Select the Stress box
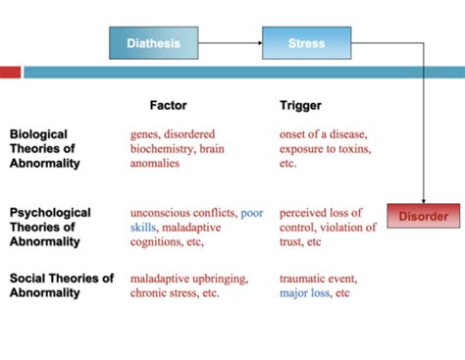306,43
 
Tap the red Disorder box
423,216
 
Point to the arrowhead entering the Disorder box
423,199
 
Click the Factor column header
168,104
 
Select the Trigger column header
300,104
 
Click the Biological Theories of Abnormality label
51,148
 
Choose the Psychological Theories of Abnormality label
51,227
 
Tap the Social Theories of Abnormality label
62,285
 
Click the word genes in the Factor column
146,133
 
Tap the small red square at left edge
10,72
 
